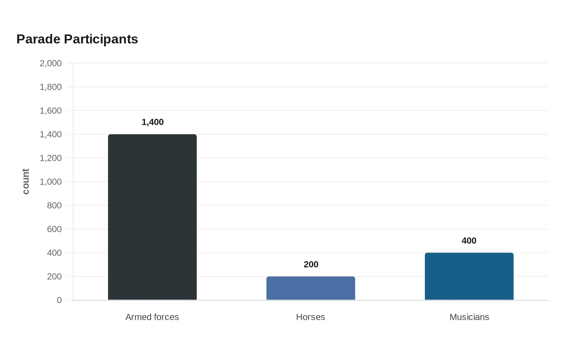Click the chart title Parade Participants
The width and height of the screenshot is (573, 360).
[77, 39]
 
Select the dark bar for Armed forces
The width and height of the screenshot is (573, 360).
[152, 217]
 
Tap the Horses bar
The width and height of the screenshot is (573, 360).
[311, 288]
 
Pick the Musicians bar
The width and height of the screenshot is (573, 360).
[469, 277]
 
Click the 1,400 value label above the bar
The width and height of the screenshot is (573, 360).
[153, 122]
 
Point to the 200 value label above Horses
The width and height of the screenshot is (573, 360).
[311, 264]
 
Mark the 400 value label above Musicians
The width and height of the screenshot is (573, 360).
[469, 241]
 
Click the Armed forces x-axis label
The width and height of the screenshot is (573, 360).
[152, 317]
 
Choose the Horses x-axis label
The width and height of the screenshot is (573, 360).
[311, 317]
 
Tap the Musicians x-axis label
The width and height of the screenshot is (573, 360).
[469, 317]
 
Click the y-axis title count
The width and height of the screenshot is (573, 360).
[26, 182]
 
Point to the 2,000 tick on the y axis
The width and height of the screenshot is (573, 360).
[51, 63]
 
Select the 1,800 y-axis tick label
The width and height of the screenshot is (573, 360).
[51, 87]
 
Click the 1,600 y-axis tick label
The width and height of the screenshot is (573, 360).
[51, 111]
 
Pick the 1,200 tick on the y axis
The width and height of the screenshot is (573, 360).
[51, 158]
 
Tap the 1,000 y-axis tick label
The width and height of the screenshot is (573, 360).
[51, 182]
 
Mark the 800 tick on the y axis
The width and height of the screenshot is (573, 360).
[54, 205]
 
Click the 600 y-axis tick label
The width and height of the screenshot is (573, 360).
[54, 229]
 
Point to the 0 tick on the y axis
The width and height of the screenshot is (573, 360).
[59, 300]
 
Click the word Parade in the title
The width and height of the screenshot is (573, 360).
[38, 39]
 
